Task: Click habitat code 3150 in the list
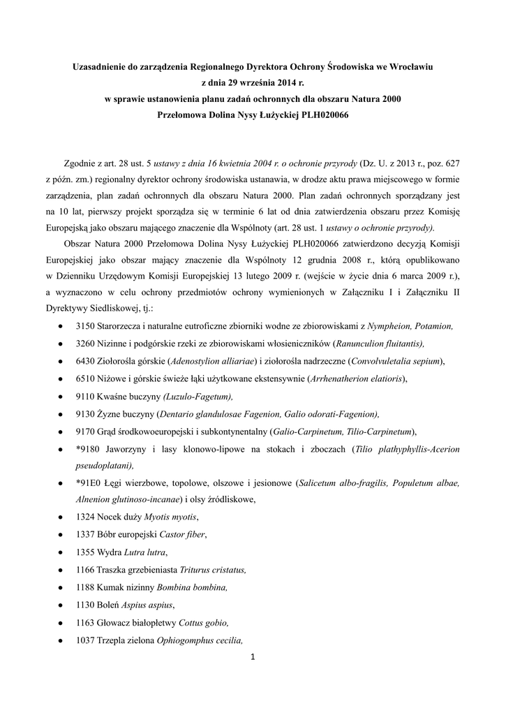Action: (85, 326)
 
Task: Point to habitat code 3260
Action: (85, 344)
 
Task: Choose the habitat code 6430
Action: (85, 361)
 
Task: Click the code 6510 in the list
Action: (85, 378)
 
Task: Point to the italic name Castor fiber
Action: (183, 535)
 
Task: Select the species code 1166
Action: (85, 570)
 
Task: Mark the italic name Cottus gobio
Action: (204, 622)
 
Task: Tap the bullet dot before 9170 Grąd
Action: (61, 432)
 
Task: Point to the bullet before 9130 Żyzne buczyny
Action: (61, 414)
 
